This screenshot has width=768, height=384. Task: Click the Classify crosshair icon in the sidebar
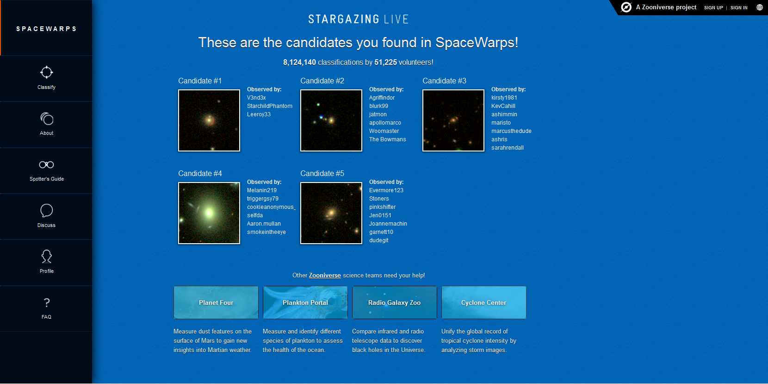pyautogui.click(x=46, y=72)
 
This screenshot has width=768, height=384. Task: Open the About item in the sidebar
pyautogui.click(x=46, y=124)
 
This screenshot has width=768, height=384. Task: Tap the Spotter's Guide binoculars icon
pyautogui.click(x=46, y=165)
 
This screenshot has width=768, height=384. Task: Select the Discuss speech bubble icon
pyautogui.click(x=46, y=210)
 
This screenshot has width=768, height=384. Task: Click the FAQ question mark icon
pyautogui.click(x=47, y=302)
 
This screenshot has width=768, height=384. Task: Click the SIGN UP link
pyautogui.click(x=713, y=7)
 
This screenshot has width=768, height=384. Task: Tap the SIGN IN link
pyautogui.click(x=739, y=7)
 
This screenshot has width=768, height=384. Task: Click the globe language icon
pyautogui.click(x=759, y=7)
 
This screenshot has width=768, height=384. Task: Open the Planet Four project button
pyautogui.click(x=216, y=302)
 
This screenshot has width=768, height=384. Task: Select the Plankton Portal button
pyautogui.click(x=305, y=302)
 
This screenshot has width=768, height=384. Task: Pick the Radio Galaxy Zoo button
pyautogui.click(x=394, y=302)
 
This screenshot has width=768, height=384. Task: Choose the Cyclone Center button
pyautogui.click(x=483, y=302)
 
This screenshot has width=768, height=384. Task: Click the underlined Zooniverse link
pyautogui.click(x=325, y=275)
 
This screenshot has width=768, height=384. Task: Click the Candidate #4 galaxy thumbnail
pyautogui.click(x=209, y=213)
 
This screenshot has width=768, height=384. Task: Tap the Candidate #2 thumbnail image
pyautogui.click(x=331, y=120)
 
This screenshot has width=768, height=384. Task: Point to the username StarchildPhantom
pyautogui.click(x=269, y=106)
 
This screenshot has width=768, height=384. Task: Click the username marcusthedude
pyautogui.click(x=511, y=131)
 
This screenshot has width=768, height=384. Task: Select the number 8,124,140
pyautogui.click(x=299, y=63)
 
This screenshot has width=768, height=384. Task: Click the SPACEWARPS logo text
pyautogui.click(x=46, y=29)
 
